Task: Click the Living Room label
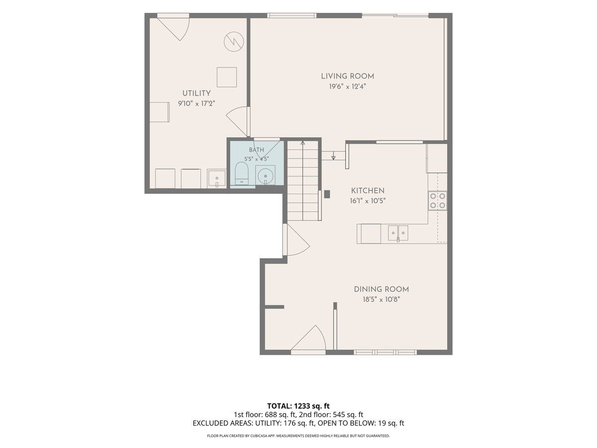point(347,77)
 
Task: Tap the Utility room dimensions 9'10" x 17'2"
point(197,104)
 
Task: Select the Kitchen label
point(368,191)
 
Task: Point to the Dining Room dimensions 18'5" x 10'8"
point(381,300)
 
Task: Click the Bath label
point(257,150)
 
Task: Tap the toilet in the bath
point(241,174)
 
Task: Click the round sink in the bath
point(265,176)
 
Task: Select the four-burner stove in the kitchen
point(438,201)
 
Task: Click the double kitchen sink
point(398,233)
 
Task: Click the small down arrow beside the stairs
point(333,157)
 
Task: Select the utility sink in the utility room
point(216,178)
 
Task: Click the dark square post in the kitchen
point(327,194)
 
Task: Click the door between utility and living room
point(238,121)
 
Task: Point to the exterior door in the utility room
point(174,27)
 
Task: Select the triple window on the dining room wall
point(385,352)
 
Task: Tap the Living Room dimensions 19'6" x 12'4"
point(347,87)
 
